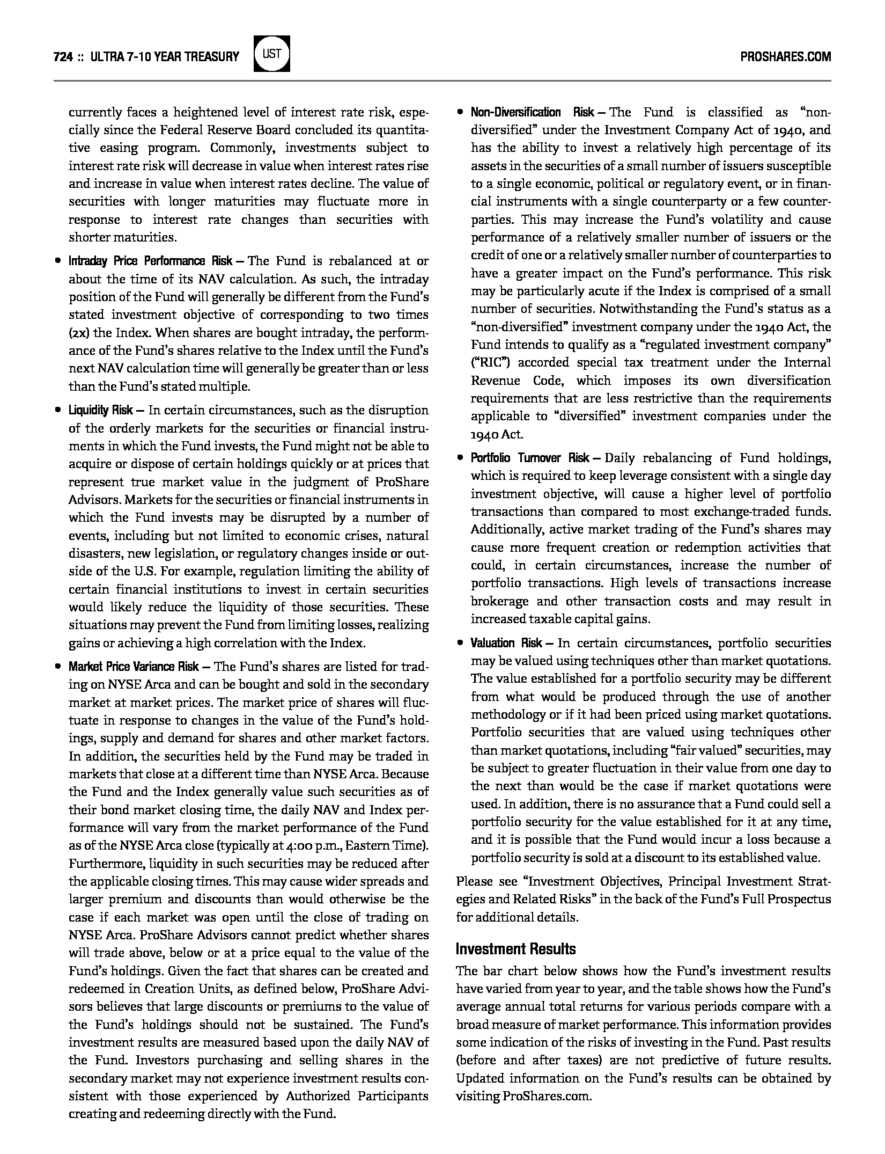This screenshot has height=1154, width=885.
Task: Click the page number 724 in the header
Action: (63, 56)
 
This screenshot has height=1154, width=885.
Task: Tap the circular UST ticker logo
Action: (272, 54)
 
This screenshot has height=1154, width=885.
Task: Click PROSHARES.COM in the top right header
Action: (785, 56)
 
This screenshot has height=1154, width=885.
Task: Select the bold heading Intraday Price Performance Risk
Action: (150, 261)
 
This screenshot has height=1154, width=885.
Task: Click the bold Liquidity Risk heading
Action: (100, 411)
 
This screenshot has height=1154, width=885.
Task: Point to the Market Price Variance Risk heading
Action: (134, 667)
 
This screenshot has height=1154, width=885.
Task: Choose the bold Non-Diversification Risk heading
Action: (532, 112)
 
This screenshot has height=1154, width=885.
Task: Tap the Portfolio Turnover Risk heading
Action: (530, 458)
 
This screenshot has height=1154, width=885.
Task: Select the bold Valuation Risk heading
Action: (506, 643)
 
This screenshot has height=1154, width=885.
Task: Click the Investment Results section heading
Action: (515, 949)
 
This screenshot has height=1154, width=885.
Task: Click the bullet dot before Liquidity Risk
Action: (57, 411)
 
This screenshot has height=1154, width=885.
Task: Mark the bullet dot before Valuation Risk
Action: (460, 643)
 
